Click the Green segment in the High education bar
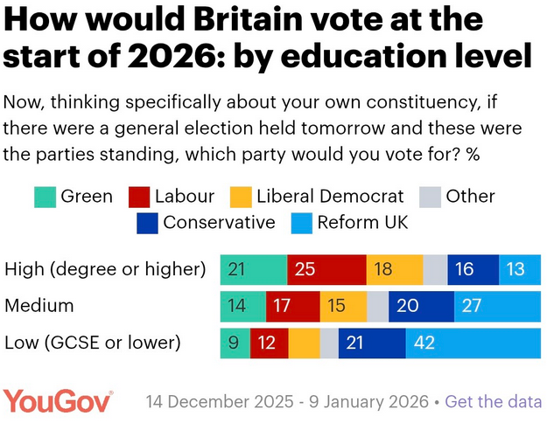(x=253, y=268)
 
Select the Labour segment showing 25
(x=326, y=268)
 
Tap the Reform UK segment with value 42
(x=473, y=343)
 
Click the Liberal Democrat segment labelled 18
(x=394, y=268)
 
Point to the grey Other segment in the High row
(x=435, y=268)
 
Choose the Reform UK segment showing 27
(x=497, y=306)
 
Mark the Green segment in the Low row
(x=235, y=343)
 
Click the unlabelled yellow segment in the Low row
(x=305, y=343)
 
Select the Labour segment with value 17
(x=293, y=306)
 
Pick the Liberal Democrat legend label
(x=331, y=197)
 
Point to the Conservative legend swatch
(x=147, y=223)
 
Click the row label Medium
(x=39, y=306)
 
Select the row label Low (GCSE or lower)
(x=92, y=343)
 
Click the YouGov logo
(x=58, y=401)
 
